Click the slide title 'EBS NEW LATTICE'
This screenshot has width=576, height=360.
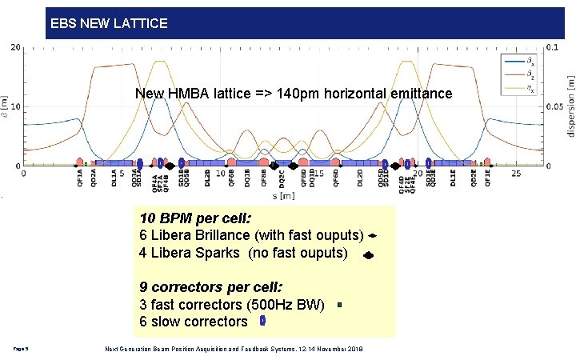pyautogui.click(x=109, y=23)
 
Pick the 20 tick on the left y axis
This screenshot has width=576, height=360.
pyautogui.click(x=16, y=47)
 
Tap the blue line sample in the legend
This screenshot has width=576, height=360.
pyautogui.click(x=511, y=60)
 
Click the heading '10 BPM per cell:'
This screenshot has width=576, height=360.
pyautogui.click(x=195, y=218)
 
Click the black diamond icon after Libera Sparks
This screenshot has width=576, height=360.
pyautogui.click(x=368, y=256)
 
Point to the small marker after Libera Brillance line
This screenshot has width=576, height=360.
pyautogui.click(x=373, y=237)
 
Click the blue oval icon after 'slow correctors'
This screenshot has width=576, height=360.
pyautogui.click(x=263, y=322)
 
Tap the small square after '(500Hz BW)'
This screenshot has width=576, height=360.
pyautogui.click(x=339, y=305)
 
